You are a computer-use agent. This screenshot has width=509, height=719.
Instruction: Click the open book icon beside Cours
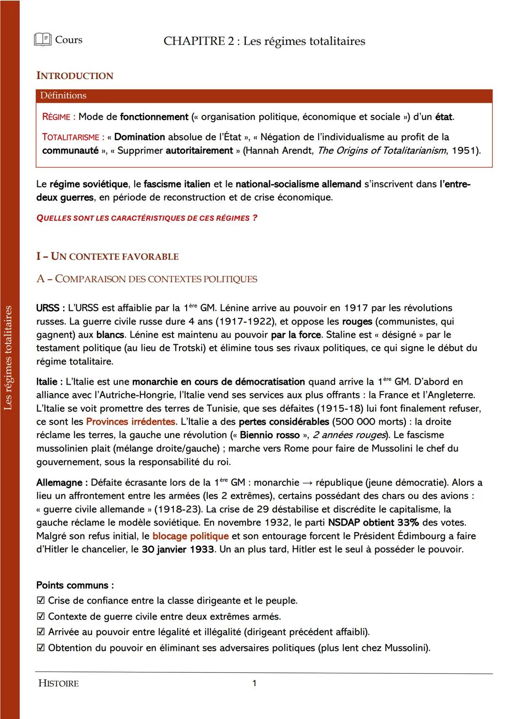coord(42,40)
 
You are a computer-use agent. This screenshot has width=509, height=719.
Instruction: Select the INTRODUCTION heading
coord(75,76)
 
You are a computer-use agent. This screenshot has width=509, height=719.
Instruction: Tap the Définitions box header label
coord(63,96)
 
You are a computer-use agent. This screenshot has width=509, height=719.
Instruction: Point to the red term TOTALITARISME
coord(71,137)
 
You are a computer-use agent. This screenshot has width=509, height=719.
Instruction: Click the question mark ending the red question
coord(255,218)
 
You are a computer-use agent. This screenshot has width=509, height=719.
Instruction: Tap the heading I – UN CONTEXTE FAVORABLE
coord(107,257)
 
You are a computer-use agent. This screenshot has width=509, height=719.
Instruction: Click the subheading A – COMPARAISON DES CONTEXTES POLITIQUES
coord(147,279)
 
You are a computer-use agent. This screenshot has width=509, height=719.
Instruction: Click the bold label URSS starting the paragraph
coord(47,308)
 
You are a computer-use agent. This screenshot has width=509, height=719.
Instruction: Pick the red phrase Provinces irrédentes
coord(131,421)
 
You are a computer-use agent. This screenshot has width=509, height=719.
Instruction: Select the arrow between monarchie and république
coord(307,483)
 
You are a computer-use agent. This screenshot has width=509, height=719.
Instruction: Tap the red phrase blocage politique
coord(190,536)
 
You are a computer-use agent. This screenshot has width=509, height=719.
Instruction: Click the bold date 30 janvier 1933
coord(178,549)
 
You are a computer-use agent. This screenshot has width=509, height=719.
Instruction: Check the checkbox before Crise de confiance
coord(41,601)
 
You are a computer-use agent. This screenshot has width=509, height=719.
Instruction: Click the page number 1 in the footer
coord(254,683)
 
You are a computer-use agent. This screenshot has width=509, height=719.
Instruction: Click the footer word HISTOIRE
coord(58,683)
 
